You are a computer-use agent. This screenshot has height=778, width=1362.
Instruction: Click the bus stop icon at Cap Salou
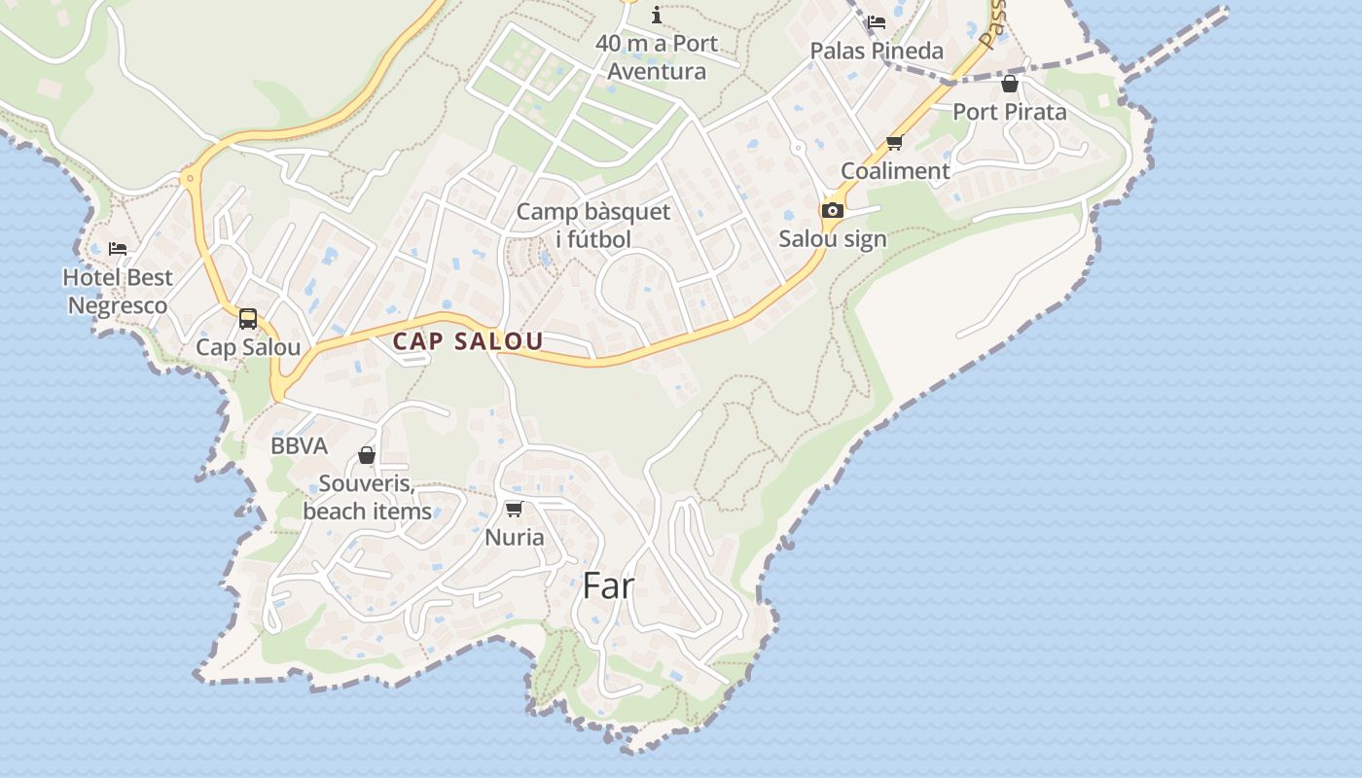pyautogui.click(x=248, y=318)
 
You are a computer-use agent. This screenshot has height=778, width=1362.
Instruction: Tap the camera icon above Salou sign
pyautogui.click(x=832, y=210)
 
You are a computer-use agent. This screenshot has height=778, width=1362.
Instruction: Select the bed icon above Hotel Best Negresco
pyautogui.click(x=118, y=249)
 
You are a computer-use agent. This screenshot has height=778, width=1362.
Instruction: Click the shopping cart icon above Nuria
pyautogui.click(x=515, y=509)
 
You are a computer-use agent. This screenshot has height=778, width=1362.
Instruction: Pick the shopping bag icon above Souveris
pyautogui.click(x=367, y=455)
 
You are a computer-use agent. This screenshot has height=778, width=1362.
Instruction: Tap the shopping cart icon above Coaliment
pyautogui.click(x=894, y=143)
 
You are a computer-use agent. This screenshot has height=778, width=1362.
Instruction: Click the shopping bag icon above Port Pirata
pyautogui.click(x=1010, y=84)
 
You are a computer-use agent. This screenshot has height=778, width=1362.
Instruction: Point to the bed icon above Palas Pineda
pyautogui.click(x=877, y=22)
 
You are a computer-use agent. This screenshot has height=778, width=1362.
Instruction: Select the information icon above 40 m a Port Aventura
pyautogui.click(x=657, y=15)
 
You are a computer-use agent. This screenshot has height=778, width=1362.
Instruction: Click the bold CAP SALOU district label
pyautogui.click(x=468, y=341)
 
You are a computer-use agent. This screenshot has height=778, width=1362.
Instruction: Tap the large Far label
pyautogui.click(x=608, y=585)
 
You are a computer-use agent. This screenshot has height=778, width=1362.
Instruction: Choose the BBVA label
pyautogui.click(x=299, y=446)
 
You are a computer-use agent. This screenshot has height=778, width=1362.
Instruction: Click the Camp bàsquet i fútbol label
pyautogui.click(x=593, y=226)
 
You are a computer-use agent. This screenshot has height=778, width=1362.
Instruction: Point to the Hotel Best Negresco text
pyautogui.click(x=118, y=291)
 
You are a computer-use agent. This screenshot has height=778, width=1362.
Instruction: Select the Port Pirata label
pyautogui.click(x=1009, y=112)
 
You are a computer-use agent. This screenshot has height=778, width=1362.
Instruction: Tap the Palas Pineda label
pyautogui.click(x=877, y=51)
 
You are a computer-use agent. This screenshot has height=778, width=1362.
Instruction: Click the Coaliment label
pyautogui.click(x=895, y=171)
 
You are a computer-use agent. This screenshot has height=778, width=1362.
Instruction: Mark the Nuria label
pyautogui.click(x=515, y=537)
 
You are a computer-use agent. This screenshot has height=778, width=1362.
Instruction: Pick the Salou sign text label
pyautogui.click(x=833, y=239)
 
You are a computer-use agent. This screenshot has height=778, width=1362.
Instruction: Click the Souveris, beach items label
pyautogui.click(x=367, y=497)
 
